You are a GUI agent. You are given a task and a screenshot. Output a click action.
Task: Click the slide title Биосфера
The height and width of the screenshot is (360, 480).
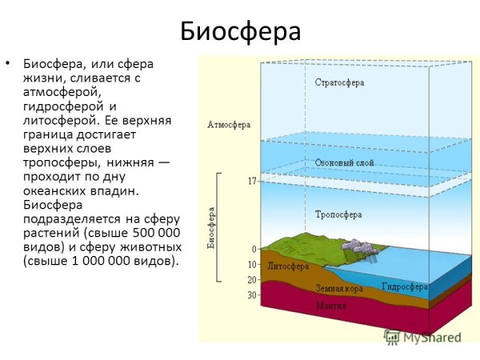tap(240, 31)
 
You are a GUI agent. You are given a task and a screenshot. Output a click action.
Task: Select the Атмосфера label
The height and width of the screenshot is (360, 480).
tap(229, 125)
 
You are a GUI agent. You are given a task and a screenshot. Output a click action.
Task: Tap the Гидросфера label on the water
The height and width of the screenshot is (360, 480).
tap(405, 286)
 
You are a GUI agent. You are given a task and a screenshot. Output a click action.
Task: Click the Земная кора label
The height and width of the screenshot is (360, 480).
tap(339, 287)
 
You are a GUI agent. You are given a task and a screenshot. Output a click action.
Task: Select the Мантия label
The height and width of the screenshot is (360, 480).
tap(330, 306)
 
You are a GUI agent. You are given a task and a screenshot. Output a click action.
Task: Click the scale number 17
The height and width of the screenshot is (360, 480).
tap(251, 182)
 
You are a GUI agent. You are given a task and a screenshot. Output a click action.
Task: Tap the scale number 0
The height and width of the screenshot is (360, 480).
tap(254, 250)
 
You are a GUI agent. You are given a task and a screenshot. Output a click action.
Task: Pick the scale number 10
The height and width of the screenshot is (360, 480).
tap(252, 265)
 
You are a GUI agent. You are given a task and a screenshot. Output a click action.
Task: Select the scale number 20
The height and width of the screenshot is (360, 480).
tap(252, 280)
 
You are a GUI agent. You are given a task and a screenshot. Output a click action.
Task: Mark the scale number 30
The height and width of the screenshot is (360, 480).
tap(252, 295)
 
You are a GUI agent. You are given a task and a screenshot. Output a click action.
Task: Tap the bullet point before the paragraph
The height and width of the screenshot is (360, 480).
tap(9, 63)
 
